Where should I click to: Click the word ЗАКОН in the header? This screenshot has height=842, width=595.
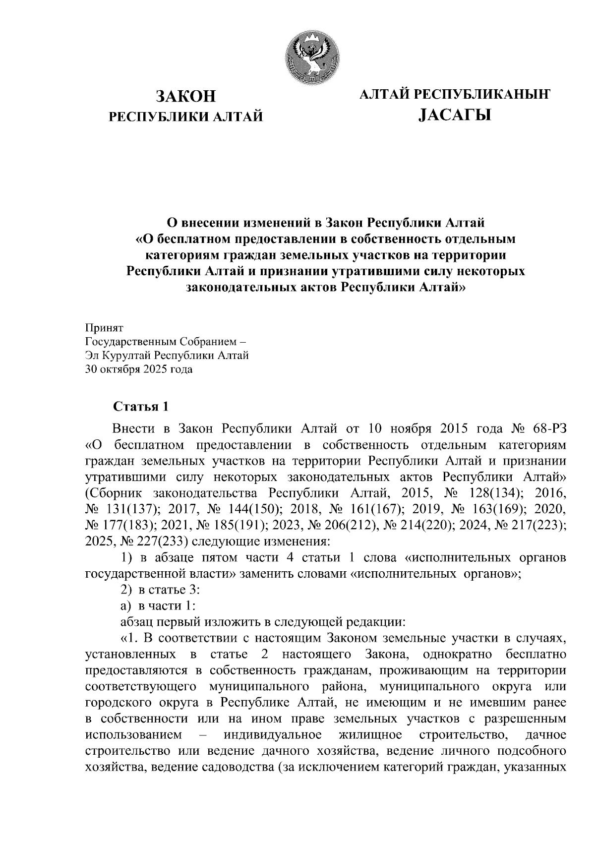pos(186,96)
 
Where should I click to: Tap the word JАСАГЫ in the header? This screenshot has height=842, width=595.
pos(454,116)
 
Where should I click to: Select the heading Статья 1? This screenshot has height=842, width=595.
pos(141,407)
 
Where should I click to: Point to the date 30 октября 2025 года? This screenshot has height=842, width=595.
pos(139,369)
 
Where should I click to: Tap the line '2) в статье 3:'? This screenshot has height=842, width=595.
pos(160,590)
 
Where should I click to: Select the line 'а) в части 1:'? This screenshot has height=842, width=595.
pos(158,605)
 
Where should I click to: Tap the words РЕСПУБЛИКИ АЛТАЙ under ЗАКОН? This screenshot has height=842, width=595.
pos(186,117)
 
